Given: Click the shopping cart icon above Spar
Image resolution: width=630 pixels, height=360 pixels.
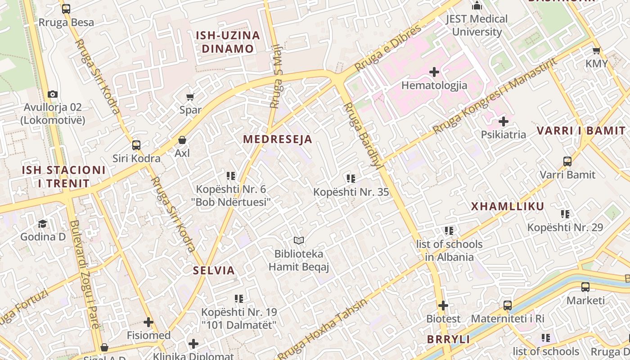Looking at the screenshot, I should click(x=190, y=97).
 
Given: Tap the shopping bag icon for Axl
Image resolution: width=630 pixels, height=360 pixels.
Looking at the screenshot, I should click(x=182, y=140).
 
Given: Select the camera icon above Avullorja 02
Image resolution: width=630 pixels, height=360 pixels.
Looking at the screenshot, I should click(x=53, y=94).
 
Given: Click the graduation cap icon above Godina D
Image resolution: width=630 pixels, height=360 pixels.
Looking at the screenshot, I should click(x=42, y=223).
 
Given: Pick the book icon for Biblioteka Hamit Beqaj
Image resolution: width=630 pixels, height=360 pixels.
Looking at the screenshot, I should click(x=299, y=241).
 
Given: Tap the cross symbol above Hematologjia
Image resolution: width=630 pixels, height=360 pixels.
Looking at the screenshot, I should click(x=434, y=72).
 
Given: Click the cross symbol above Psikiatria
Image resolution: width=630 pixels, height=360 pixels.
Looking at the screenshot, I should click(x=504, y=121).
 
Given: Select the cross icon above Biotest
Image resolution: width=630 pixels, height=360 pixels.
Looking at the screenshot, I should click(x=443, y=306).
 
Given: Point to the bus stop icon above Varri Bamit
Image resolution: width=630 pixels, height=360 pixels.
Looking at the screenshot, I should click(x=567, y=161).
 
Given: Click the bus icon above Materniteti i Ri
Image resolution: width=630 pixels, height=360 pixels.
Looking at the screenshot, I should click(x=508, y=306).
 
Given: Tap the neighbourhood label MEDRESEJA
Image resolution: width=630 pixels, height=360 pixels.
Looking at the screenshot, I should click(x=278, y=139).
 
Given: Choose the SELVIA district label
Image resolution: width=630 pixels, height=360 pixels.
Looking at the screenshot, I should click(x=214, y=270).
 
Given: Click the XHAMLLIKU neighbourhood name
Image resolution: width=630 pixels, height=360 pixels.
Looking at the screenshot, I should click(x=508, y=207).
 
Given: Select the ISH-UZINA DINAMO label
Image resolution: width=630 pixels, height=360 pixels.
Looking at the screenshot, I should click(x=228, y=42).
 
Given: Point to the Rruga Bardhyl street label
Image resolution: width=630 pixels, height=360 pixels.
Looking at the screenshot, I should click(x=364, y=135).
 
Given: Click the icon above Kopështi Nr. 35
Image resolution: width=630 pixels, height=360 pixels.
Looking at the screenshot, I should click(x=351, y=179).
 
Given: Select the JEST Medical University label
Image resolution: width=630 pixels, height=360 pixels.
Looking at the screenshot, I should click(x=477, y=25).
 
